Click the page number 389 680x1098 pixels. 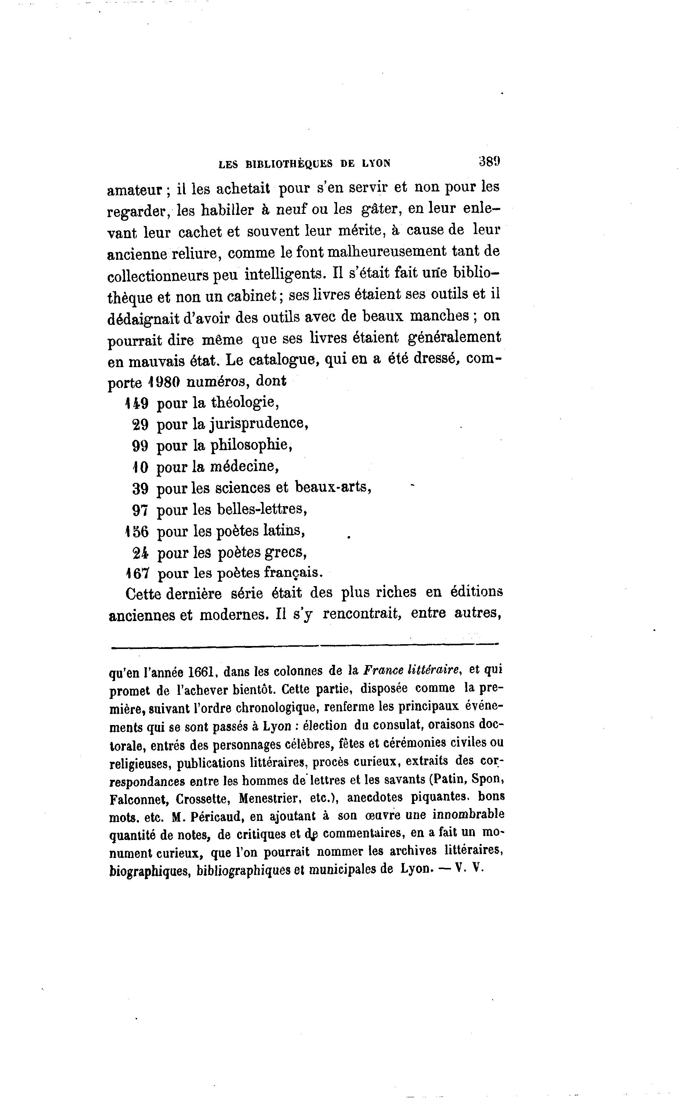489,161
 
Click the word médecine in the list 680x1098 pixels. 244,466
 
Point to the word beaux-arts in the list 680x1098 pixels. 333,487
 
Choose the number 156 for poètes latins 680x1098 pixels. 136,531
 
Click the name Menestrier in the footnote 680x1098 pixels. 269,799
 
